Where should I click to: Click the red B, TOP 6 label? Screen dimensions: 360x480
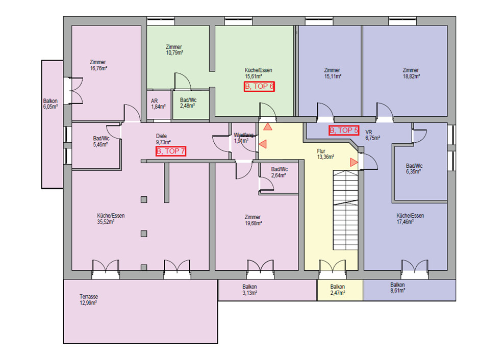(x=259, y=86)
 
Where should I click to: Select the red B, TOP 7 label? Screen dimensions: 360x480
(x=171, y=151)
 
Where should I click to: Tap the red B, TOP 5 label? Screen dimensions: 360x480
(x=344, y=130)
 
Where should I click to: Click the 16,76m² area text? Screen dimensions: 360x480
(x=98, y=68)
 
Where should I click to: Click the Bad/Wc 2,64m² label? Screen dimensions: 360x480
(x=279, y=172)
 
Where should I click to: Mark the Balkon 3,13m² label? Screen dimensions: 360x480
(x=249, y=290)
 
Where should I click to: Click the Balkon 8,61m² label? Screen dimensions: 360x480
(x=397, y=288)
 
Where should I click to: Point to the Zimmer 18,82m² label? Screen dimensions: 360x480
(x=410, y=73)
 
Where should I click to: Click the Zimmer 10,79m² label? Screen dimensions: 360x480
(x=174, y=49)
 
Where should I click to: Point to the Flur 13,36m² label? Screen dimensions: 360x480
(x=325, y=153)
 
